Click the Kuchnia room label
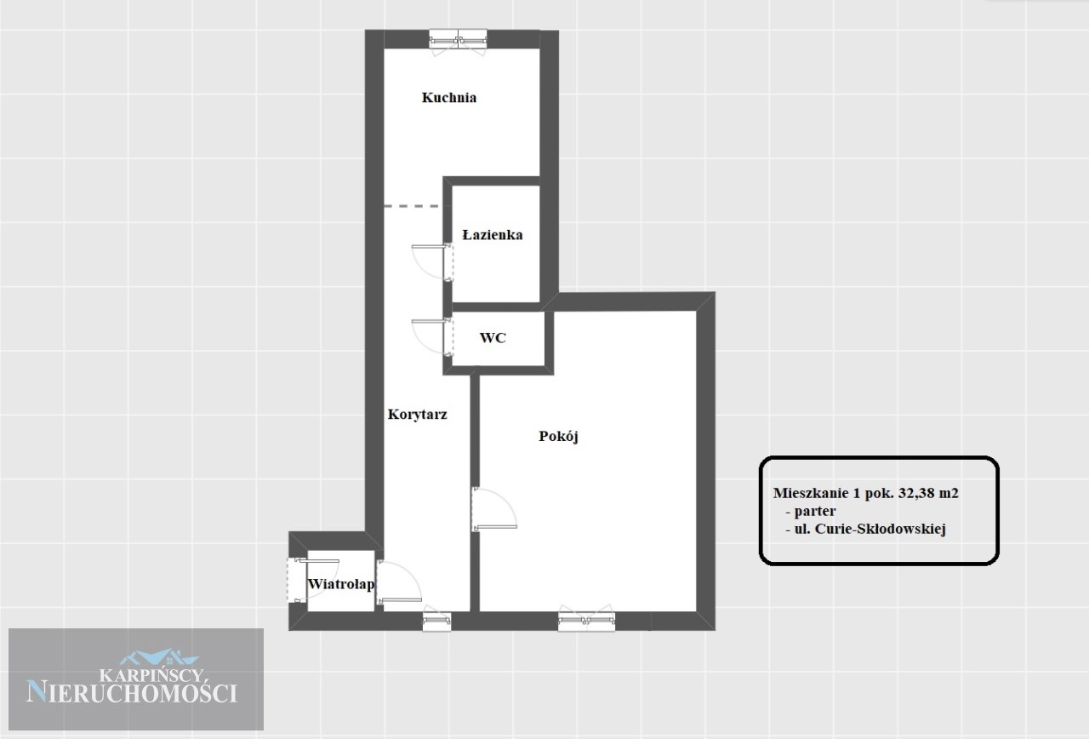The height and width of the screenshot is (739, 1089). (x=448, y=98)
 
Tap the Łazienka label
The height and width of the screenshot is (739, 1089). (x=492, y=235)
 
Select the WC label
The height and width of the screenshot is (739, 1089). (x=493, y=338)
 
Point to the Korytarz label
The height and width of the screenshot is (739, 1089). (x=417, y=415)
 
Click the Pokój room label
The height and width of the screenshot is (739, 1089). (x=558, y=436)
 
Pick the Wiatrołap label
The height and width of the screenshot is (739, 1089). (x=341, y=584)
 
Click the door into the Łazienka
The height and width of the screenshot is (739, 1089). (x=432, y=261)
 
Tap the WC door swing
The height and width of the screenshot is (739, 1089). (x=432, y=336)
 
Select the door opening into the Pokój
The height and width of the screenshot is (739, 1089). (x=494, y=509)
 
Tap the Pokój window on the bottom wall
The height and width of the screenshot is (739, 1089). (x=586, y=618)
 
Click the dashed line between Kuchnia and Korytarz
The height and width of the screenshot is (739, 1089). (x=413, y=206)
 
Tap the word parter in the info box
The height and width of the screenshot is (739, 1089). (x=815, y=512)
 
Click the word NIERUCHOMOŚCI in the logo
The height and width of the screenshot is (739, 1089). (x=132, y=692)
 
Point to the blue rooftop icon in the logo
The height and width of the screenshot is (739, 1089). (x=159, y=657)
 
